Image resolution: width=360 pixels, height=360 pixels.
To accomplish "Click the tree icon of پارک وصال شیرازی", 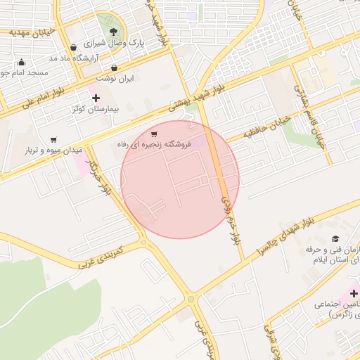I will click(113, 30).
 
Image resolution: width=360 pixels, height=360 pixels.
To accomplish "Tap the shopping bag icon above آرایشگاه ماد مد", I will click(73, 48).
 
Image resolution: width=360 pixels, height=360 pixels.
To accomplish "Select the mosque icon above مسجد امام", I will click(21, 62).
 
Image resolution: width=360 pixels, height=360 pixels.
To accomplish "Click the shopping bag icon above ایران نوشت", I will click(114, 68).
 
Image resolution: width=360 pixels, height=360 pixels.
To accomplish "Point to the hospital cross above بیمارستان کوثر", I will click(96, 98).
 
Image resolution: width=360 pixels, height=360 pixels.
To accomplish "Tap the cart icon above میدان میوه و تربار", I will click(54, 139).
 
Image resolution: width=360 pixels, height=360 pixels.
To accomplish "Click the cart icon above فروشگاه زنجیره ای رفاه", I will click(154, 133).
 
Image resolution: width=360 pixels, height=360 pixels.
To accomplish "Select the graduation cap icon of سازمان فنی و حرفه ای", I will click(335, 239).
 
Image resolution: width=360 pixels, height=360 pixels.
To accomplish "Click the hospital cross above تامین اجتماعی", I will click(353, 292).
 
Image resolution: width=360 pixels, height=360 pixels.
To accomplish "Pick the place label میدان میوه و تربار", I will click(54, 150).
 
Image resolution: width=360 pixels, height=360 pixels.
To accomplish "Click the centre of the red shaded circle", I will click(180, 179).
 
